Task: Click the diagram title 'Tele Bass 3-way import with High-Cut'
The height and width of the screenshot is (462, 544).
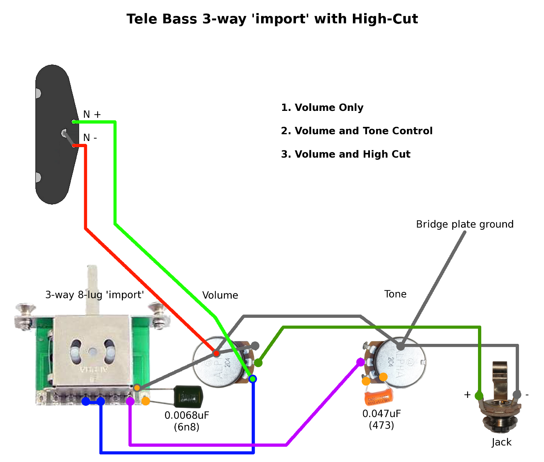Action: [x=272, y=19]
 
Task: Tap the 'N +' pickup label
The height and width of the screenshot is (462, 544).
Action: [x=92, y=115]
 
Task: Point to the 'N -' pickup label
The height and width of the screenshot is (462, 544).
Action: [x=90, y=138]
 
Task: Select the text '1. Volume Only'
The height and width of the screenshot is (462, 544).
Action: [x=322, y=108]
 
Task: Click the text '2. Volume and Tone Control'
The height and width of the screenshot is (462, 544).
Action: [x=357, y=131]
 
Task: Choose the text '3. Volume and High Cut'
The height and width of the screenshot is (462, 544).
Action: [x=346, y=154]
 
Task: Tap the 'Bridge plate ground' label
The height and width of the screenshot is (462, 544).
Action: [x=465, y=224]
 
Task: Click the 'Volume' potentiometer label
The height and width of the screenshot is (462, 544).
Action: [x=220, y=295]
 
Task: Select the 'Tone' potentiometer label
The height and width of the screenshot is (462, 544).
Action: [x=395, y=294]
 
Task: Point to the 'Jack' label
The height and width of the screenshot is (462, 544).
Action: [x=502, y=442]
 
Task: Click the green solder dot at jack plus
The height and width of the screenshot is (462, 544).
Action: [x=479, y=395]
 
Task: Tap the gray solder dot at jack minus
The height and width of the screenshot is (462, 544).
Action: [x=517, y=395]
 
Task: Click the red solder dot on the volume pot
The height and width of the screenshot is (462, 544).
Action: [x=216, y=353]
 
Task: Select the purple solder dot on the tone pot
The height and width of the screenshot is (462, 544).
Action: [x=360, y=362]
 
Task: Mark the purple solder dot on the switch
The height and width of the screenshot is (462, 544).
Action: [x=130, y=401]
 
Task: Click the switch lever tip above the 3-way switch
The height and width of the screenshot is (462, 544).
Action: [x=93, y=270]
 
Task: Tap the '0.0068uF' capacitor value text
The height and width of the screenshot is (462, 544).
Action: [x=187, y=415]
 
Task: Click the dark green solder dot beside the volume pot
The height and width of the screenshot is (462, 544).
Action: [x=258, y=362]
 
